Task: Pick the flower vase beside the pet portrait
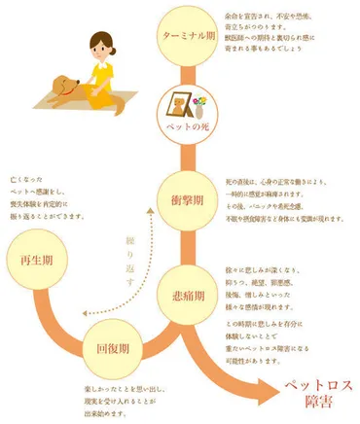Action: pos(200,101)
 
